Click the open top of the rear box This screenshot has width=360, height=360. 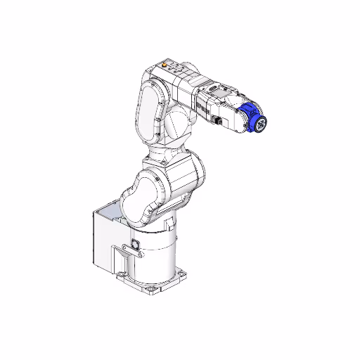112,210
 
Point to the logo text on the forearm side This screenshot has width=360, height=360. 202,106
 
